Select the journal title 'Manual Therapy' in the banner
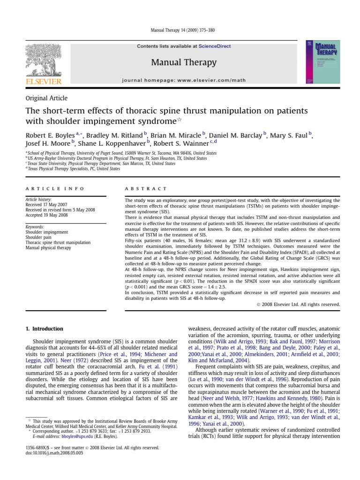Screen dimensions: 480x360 [184, 62]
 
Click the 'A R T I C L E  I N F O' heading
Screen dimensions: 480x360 [54, 188]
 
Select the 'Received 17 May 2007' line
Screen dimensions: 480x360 [45, 205]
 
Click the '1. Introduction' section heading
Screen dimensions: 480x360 [44, 329]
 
